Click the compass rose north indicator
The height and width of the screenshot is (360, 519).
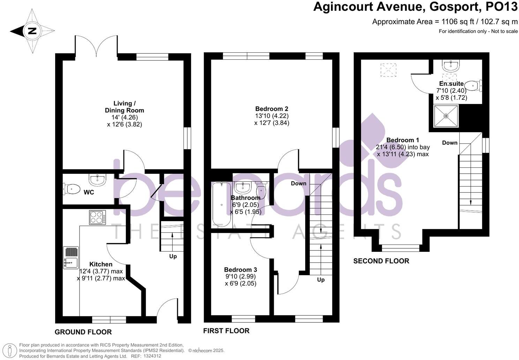coord(32,31)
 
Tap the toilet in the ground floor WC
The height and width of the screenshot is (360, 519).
coord(72,189)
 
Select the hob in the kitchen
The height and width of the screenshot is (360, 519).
coord(97,218)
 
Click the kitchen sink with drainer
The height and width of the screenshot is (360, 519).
coord(71,258)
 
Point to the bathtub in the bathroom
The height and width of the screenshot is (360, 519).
coord(221,205)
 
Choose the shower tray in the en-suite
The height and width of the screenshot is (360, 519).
coord(446,116)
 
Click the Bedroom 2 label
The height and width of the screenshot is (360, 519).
coord(272,109)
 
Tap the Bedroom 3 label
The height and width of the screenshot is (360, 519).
coord(240,270)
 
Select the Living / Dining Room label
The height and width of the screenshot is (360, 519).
coord(124,107)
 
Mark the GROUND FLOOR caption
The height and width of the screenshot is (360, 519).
coord(83,332)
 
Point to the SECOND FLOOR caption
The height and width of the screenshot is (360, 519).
coord(381,261)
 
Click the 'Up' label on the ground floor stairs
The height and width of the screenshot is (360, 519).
coord(173,256)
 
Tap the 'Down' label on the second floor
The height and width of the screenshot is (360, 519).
coord(450,143)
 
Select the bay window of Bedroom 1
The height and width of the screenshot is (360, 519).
coord(400,248)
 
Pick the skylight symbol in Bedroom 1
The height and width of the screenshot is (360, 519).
coord(389,70)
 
